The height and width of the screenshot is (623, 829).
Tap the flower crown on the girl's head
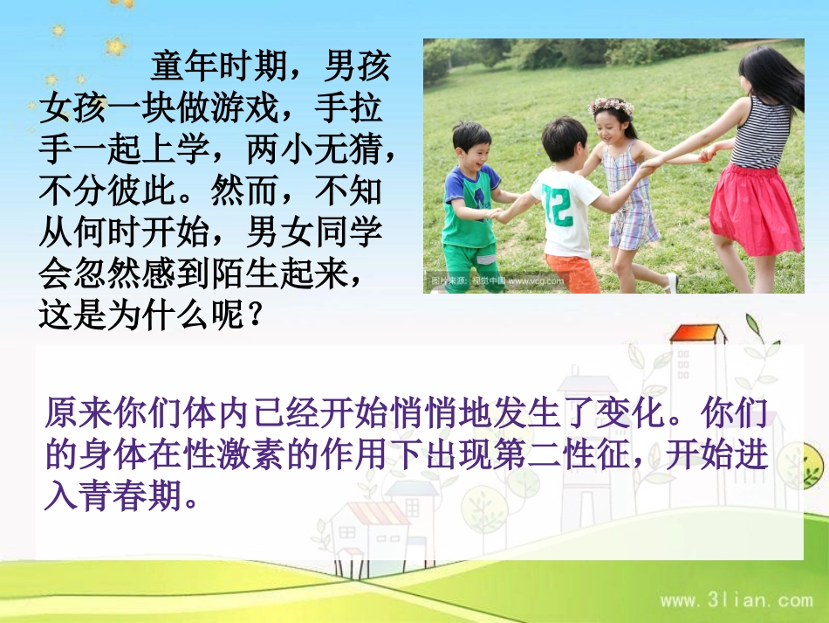611,106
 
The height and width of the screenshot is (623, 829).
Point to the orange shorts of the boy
572,272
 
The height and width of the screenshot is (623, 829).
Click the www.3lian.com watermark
736,600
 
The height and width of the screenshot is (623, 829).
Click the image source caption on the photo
497,281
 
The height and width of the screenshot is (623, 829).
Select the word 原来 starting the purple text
72,412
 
